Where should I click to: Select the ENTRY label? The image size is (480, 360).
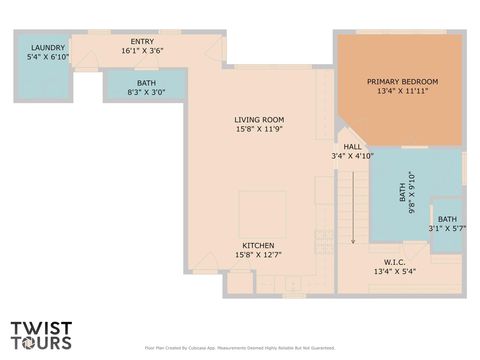[142, 40]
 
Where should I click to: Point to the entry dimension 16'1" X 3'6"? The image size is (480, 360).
[142, 50]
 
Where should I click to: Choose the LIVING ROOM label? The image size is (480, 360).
[260, 119]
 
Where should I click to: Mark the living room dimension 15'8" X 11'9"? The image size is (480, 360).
[260, 129]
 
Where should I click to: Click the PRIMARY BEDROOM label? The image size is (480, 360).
[402, 81]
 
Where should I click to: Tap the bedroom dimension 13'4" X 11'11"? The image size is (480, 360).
[402, 91]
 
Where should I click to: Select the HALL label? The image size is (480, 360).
[352, 146]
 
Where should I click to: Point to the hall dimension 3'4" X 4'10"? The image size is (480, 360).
[352, 156]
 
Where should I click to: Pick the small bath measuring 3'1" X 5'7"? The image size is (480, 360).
[447, 224]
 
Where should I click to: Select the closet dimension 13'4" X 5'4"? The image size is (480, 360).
[394, 271]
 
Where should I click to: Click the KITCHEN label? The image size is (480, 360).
[258, 245]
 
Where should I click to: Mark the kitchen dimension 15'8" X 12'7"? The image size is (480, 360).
[258, 255]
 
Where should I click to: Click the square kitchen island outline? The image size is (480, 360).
[261, 211]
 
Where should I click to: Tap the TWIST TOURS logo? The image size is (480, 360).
[41, 334]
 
